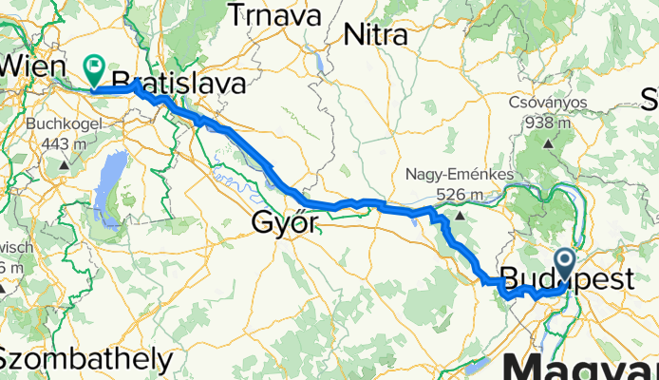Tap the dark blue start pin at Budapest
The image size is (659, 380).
564,263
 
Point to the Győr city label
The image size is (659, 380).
284,222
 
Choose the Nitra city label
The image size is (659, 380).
375,35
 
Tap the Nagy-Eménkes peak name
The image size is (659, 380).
459,176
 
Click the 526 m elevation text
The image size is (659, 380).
460,195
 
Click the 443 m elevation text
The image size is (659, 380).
64,142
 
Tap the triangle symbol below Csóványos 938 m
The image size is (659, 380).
550,144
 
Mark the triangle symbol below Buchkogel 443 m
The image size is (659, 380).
64,165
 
